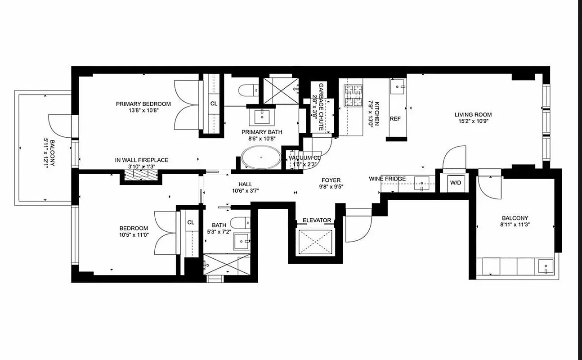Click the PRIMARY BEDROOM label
point(143,104)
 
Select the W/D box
point(456,183)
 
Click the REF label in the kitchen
point(395,119)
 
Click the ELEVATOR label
point(317,220)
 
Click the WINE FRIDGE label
point(387,179)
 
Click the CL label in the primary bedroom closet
point(214,103)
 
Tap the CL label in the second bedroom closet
point(191,222)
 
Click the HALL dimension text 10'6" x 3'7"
point(246,190)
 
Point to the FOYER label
point(331,180)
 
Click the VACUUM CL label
point(304,158)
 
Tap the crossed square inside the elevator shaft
point(317,241)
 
